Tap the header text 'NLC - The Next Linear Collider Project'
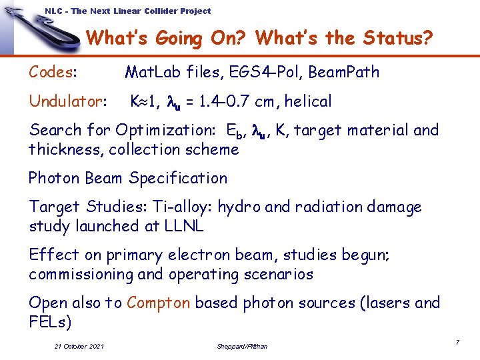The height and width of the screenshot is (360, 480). (127, 11)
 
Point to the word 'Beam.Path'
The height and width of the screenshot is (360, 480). (347, 72)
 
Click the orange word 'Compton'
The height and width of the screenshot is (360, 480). (159, 303)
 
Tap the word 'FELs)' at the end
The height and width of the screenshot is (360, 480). (49, 323)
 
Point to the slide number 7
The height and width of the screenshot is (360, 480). (457, 342)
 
